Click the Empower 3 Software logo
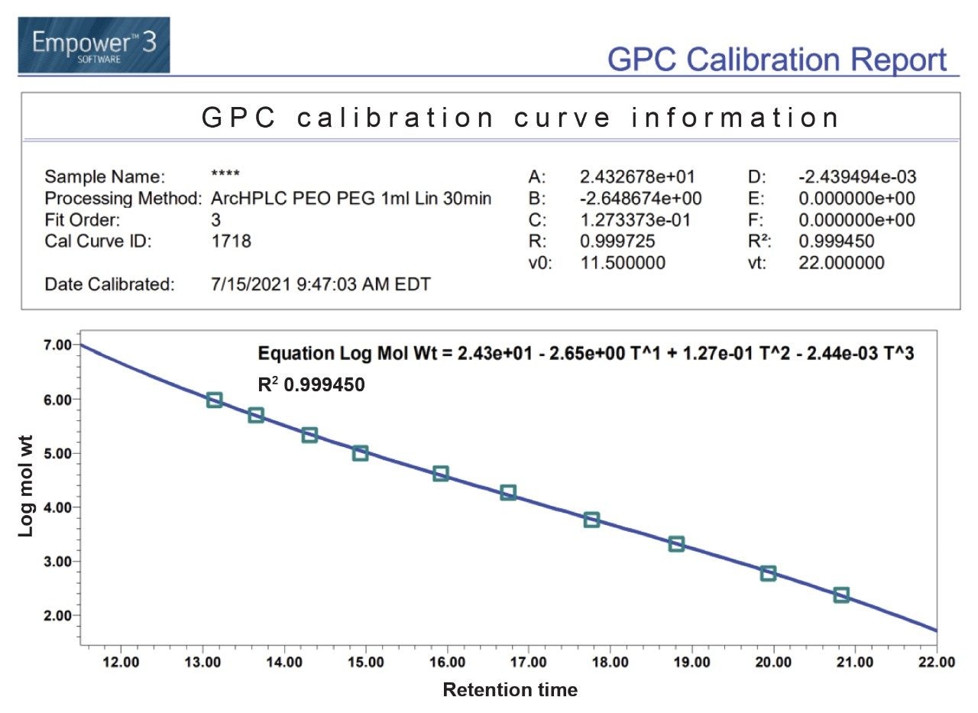point(94,45)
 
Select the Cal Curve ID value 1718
point(231,241)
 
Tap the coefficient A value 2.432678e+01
point(638,177)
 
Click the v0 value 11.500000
point(623,263)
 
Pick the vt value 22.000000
point(841,263)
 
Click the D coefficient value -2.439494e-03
point(857,177)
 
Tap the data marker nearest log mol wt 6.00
point(215,400)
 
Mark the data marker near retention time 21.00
point(841,595)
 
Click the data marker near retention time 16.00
point(441,473)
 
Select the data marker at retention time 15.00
point(361,452)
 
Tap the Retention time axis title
point(510,690)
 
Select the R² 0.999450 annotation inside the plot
point(312,385)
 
